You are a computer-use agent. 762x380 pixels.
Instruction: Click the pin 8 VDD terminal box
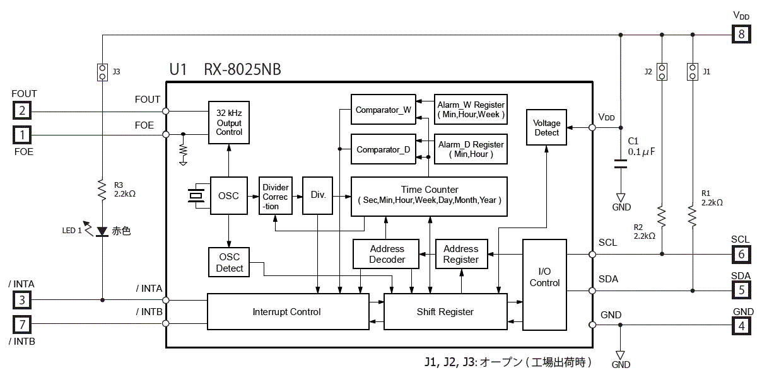tap(741, 34)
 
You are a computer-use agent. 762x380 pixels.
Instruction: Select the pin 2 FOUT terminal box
tap(23, 112)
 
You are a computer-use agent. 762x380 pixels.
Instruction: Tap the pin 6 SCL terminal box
tap(741, 254)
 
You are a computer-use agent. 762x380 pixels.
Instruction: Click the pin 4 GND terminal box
tap(741, 326)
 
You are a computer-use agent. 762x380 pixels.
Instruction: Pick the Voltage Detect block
tap(546, 128)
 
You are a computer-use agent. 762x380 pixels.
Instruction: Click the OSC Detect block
tap(229, 263)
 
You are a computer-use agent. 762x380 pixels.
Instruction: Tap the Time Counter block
tap(429, 196)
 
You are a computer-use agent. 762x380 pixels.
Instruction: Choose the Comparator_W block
tap(383, 110)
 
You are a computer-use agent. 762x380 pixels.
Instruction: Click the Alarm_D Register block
tap(471, 149)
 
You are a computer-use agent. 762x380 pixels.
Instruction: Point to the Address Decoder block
tap(387, 255)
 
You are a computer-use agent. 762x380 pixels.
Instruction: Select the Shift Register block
tap(445, 312)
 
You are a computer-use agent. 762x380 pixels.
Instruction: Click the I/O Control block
tap(544, 284)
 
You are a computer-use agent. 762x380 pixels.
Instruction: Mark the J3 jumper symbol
tap(102, 72)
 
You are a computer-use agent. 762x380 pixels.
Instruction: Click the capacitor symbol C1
tap(621, 164)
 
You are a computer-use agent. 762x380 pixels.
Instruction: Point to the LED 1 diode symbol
tap(102, 232)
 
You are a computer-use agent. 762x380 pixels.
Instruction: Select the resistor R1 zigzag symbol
tap(693, 216)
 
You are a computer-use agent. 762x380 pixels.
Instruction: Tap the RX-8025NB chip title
tap(243, 69)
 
